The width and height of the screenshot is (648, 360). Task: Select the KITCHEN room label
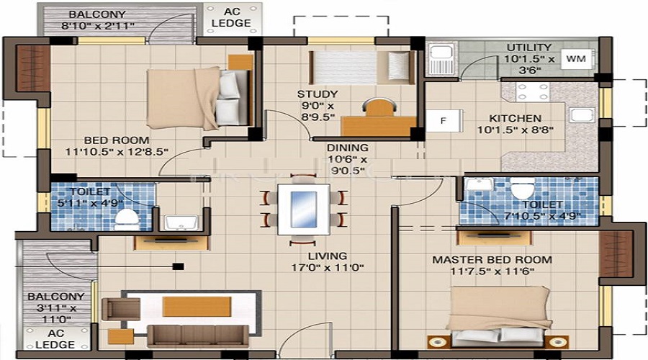coord(515,119)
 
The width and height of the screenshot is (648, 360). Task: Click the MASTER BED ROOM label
coord(492,259)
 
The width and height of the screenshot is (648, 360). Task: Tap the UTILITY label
coord(528,47)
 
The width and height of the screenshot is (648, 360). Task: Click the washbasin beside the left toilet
coord(176,222)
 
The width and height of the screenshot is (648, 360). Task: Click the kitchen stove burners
coord(533,91)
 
